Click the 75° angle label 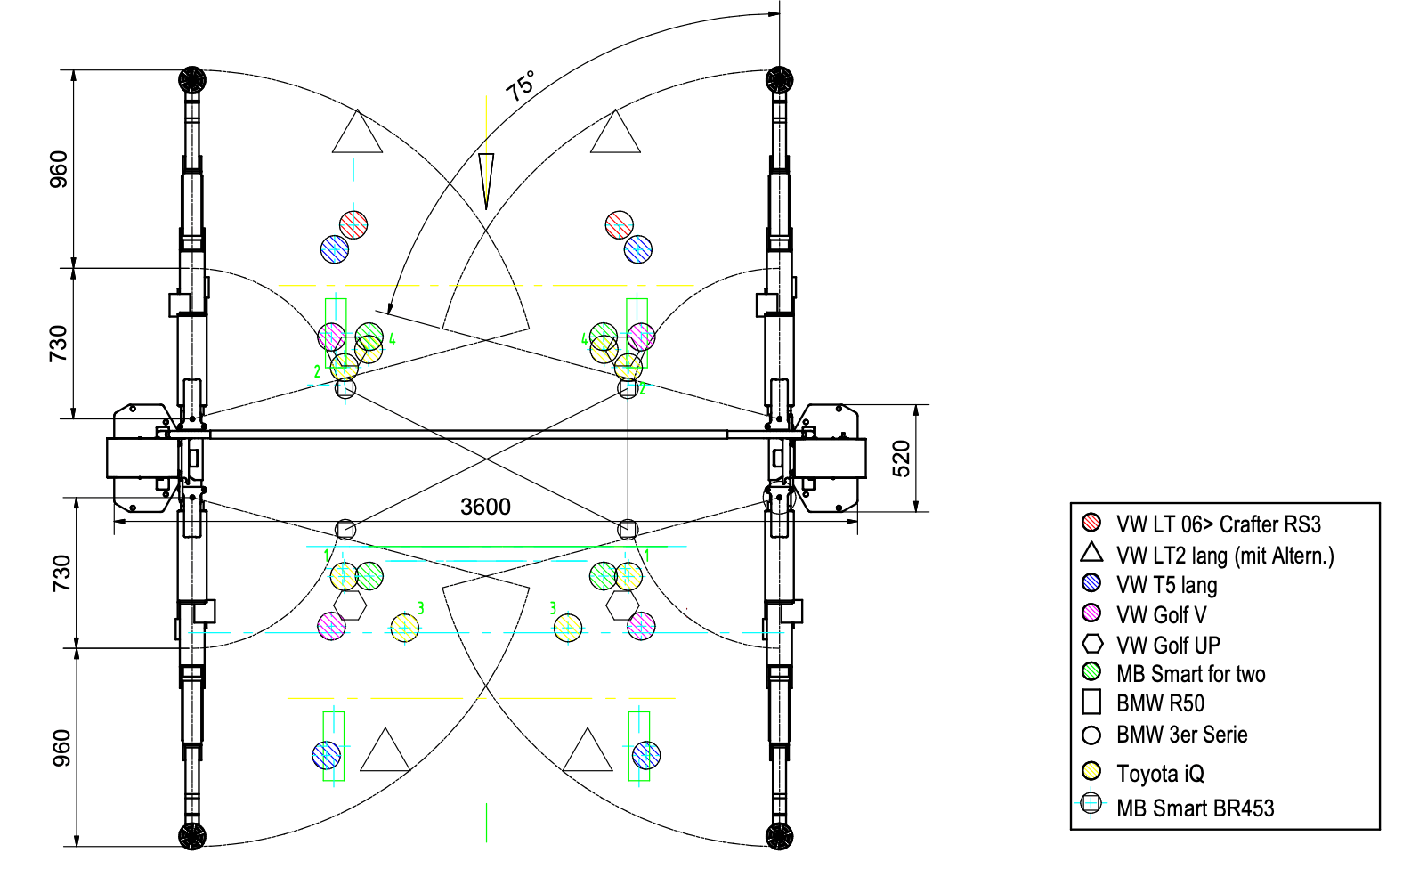pyautogui.click(x=521, y=85)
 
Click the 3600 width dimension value pyautogui.click(x=485, y=507)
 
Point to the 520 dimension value pyautogui.click(x=901, y=459)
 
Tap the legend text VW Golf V pyautogui.click(x=1161, y=615)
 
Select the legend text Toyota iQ pyautogui.click(x=1160, y=774)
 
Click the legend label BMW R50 pyautogui.click(x=1160, y=703)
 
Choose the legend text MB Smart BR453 pyautogui.click(x=1195, y=808)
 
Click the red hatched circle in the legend pyautogui.click(x=1091, y=522)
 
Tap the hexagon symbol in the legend pyautogui.click(x=1091, y=644)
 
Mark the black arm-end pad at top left pyautogui.click(x=192, y=80)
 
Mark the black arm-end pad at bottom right pyautogui.click(x=779, y=836)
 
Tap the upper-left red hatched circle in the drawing pyautogui.click(x=353, y=225)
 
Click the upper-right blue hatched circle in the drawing pyautogui.click(x=638, y=249)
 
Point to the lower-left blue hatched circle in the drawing pyautogui.click(x=327, y=755)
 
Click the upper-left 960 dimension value pyautogui.click(x=58, y=169)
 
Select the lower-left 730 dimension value pyautogui.click(x=61, y=574)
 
